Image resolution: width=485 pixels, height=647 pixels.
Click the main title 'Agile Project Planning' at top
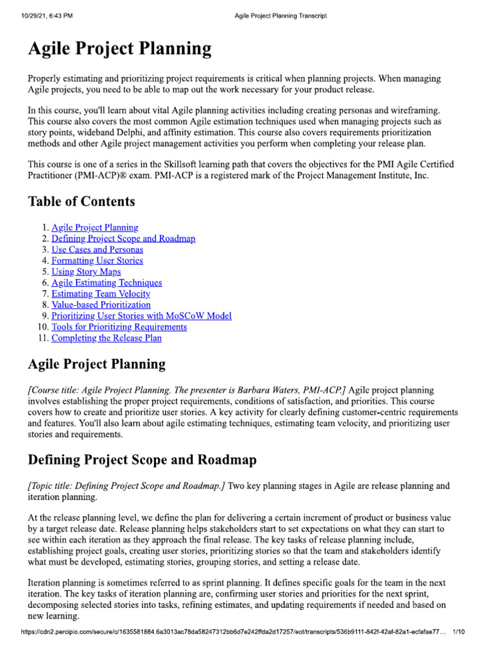120,49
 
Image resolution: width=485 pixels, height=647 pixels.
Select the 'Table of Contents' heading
81,202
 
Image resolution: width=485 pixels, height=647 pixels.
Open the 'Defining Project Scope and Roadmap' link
123,238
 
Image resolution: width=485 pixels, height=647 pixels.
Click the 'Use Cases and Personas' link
97,250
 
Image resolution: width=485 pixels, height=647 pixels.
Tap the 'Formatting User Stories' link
97,260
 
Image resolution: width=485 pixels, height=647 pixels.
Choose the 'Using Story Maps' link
86,272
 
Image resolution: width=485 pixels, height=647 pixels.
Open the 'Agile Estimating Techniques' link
107,282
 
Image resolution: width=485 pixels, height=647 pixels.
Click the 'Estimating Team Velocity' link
101,294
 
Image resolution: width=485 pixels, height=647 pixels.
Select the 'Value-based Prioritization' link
101,305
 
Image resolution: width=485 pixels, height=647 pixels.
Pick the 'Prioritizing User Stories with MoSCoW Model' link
141,316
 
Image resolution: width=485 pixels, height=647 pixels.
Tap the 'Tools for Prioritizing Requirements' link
119,327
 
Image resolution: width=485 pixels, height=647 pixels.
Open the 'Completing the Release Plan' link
106,338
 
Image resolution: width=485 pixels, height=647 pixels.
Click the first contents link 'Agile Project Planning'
95,227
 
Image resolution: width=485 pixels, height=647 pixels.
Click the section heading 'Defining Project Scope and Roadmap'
143,459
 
